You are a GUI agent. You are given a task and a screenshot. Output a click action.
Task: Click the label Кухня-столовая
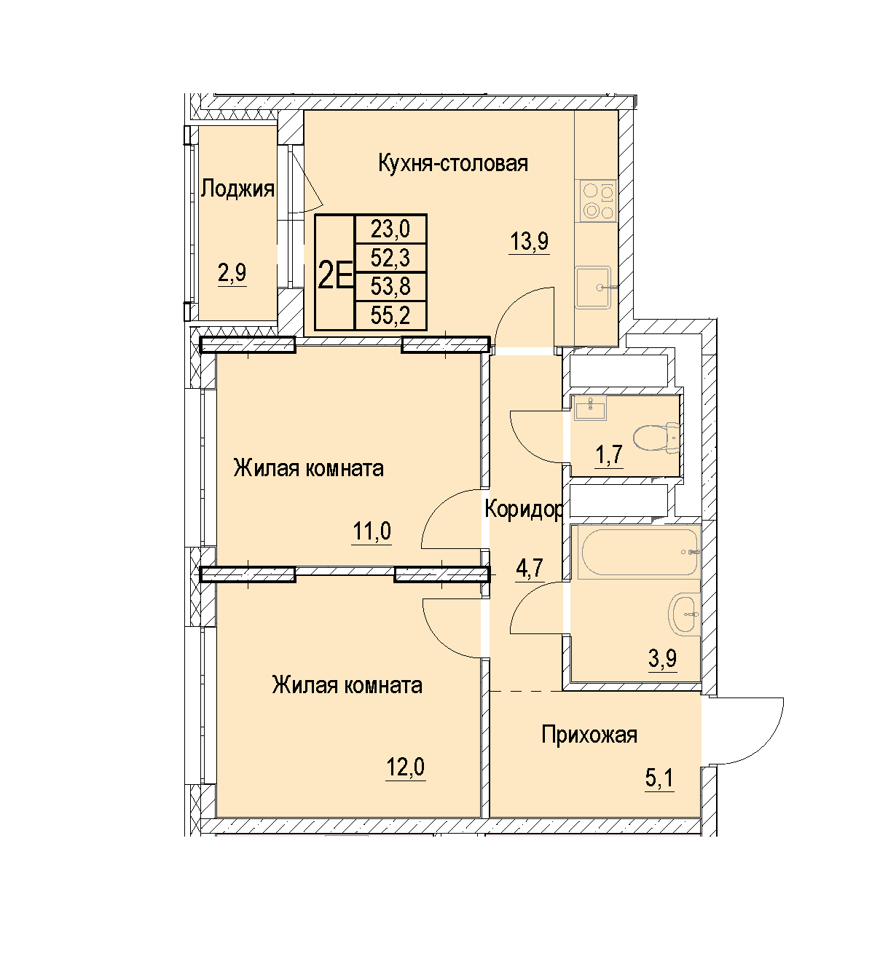click(453, 164)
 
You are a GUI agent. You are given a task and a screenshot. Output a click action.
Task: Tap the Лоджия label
click(237, 189)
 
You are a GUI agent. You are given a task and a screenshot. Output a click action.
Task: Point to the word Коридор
click(523, 509)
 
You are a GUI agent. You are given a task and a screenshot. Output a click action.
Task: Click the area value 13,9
click(529, 241)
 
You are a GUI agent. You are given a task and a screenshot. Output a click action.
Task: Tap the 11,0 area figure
click(372, 531)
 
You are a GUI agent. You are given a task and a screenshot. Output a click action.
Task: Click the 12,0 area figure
click(405, 767)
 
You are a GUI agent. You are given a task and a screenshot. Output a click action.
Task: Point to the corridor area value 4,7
click(530, 568)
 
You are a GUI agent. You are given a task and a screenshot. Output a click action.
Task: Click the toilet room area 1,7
click(609, 455)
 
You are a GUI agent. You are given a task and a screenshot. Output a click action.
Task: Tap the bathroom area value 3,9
click(663, 658)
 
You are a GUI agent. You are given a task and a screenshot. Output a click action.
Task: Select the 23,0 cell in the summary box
click(390, 229)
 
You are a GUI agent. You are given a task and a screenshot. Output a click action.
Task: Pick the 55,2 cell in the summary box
click(390, 315)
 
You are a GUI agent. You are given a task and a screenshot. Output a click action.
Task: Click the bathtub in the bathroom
click(637, 552)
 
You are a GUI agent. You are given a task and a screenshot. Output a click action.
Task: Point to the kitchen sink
click(593, 288)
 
